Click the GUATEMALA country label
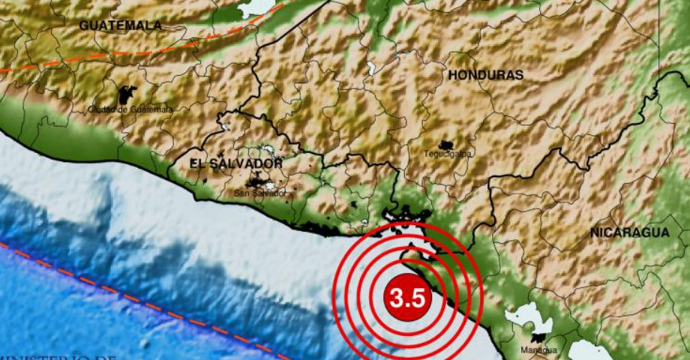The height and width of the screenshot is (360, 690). [x=121, y=25]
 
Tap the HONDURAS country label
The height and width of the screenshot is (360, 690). [x=485, y=75]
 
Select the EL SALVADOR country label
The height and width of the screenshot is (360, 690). [x=235, y=163]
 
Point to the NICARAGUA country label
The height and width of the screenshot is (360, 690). [x=629, y=232]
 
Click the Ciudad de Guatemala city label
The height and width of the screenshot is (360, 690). [x=130, y=109]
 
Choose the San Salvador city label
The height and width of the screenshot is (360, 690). [x=260, y=193]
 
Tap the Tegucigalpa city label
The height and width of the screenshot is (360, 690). [x=448, y=154]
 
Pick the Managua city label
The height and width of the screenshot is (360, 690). [x=538, y=350]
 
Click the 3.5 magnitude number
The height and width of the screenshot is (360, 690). [x=408, y=299]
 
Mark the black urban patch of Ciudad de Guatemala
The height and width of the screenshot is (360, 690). [x=127, y=95]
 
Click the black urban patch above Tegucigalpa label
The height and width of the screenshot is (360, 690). [x=447, y=145]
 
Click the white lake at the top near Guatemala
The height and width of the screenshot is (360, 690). [x=256, y=7]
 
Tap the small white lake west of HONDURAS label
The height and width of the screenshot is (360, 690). [x=370, y=69]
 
